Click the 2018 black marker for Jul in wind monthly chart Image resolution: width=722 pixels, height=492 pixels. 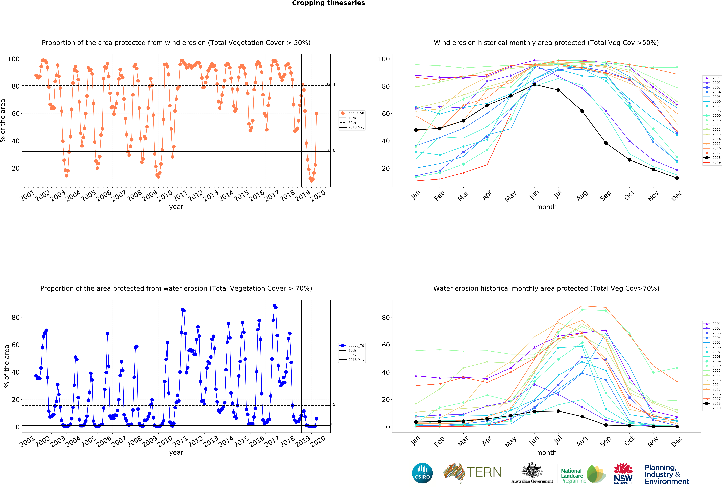coord(558,90)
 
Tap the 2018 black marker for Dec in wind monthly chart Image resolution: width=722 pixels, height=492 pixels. coord(677,178)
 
